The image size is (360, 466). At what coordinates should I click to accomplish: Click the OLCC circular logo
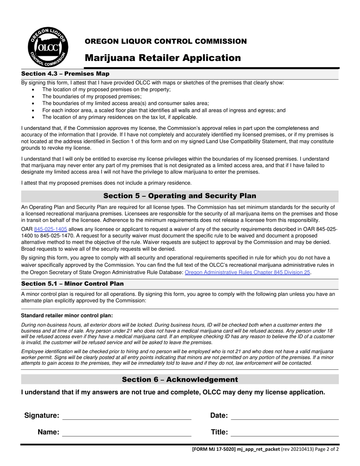tap(48, 47)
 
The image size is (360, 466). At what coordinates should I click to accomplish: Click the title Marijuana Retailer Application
tap(163, 58)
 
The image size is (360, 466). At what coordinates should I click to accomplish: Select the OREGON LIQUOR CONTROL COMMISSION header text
tap(165, 41)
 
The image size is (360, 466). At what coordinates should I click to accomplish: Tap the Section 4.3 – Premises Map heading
tap(65, 73)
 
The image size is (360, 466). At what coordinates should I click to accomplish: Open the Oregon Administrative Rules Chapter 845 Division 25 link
tap(247, 272)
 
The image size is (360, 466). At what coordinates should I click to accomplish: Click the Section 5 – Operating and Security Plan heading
tap(180, 196)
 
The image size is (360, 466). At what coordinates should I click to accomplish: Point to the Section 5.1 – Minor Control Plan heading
tap(72, 284)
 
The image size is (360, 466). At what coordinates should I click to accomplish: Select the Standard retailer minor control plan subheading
tap(67, 316)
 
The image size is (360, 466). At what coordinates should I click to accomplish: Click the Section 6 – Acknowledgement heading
tap(180, 380)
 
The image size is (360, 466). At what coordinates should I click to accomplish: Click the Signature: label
tap(42, 416)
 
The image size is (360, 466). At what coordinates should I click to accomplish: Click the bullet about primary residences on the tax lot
tap(120, 117)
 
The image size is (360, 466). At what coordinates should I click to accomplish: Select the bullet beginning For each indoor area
tap(164, 110)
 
